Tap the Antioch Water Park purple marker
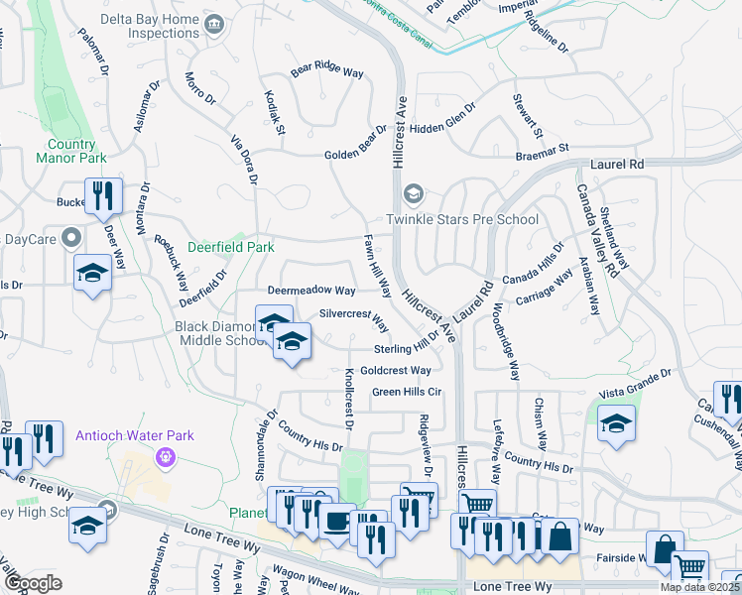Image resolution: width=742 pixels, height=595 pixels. coord(165,456)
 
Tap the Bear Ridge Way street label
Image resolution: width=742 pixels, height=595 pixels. coord(328,71)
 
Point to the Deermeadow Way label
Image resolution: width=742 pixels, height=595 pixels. coord(311,291)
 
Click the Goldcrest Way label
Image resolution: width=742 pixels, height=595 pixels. coord(396,370)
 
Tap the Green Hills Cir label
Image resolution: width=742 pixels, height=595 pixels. coord(407,392)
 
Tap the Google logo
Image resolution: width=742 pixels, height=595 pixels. coord(33,583)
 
